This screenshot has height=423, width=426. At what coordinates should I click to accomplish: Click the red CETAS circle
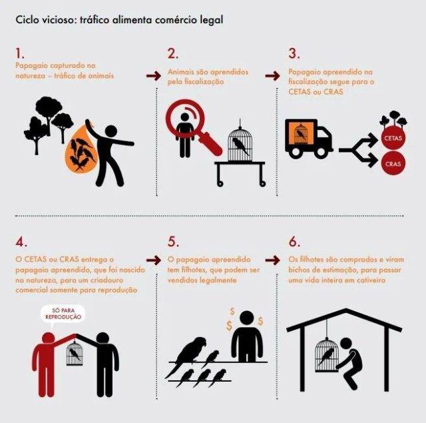pyautogui.click(x=393, y=137)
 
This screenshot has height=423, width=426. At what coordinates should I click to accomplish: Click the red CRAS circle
pyautogui.click(x=393, y=163)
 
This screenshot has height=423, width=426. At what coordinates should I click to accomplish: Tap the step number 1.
pyautogui.click(x=20, y=53)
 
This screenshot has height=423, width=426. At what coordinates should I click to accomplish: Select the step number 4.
pyautogui.click(x=21, y=242)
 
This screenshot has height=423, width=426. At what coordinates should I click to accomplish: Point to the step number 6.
pyautogui.click(x=294, y=242)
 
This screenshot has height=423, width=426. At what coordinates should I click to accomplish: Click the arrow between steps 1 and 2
pyautogui.click(x=154, y=76)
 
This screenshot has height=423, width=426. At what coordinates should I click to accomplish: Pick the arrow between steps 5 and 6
pyautogui.click(x=272, y=260)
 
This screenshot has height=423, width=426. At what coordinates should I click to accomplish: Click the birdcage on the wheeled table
pyautogui.click(x=240, y=144)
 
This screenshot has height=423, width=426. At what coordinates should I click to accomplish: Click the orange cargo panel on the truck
pyautogui.click(x=302, y=133)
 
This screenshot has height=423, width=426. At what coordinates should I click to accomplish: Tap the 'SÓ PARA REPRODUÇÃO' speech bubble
pyautogui.click(x=63, y=314)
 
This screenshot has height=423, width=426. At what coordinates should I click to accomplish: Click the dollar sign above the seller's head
pyautogui.click(x=232, y=311)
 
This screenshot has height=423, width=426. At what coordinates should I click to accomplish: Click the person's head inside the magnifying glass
pyautogui.click(x=184, y=117)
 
